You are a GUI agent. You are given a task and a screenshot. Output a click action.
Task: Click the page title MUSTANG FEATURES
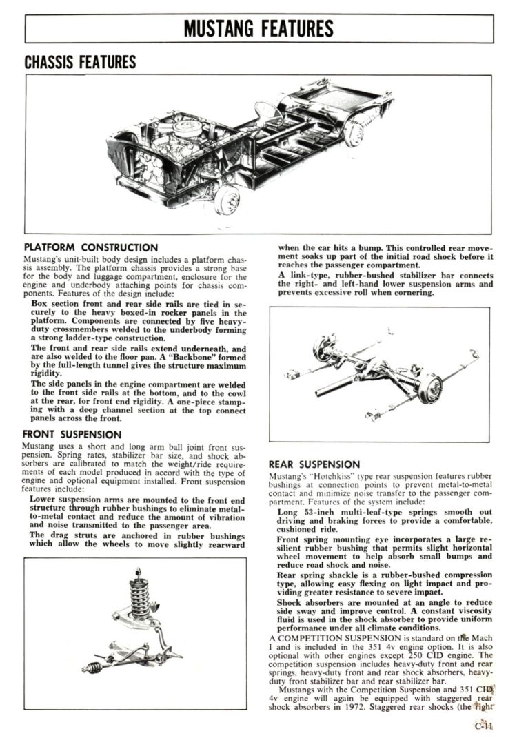point(258,28)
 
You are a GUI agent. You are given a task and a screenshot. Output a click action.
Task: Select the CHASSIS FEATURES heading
point(80,63)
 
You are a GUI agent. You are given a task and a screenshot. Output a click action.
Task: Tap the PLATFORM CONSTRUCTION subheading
point(91,247)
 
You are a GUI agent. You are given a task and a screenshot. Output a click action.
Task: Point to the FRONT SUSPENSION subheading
point(72,435)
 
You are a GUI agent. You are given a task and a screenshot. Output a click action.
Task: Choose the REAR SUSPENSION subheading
point(314,464)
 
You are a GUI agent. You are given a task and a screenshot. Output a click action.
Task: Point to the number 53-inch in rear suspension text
point(314,513)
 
